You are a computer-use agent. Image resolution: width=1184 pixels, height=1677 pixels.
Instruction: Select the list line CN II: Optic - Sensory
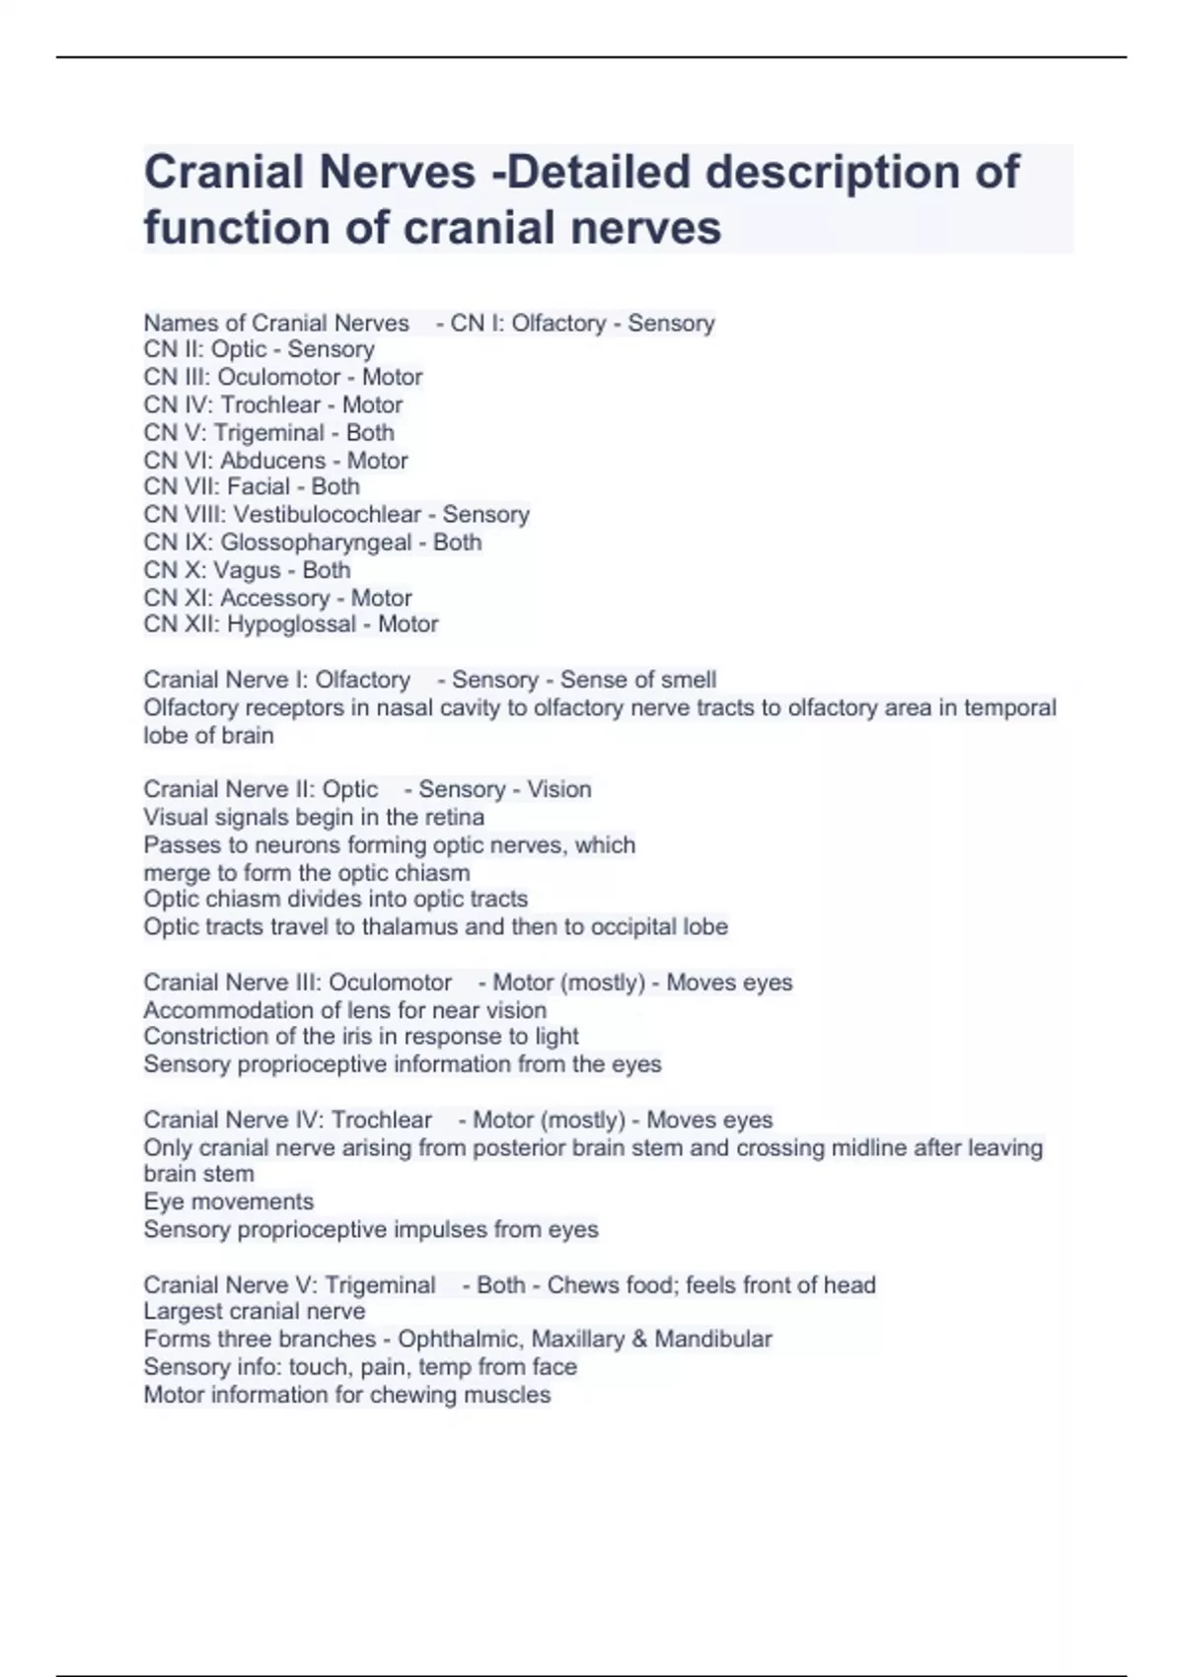tap(259, 349)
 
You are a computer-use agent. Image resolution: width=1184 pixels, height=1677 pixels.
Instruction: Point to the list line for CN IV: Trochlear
tap(272, 404)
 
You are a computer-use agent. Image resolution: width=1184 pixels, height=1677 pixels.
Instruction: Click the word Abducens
tap(272, 461)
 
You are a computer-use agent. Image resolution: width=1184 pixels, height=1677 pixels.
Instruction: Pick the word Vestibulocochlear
tap(327, 514)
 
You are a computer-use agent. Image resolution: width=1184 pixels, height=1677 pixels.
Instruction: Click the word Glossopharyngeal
tap(316, 542)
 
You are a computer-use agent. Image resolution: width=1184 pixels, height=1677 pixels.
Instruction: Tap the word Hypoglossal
tap(291, 624)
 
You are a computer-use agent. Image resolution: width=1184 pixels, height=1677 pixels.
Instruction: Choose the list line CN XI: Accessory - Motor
tap(277, 598)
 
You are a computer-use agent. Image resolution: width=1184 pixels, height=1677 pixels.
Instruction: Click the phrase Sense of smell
tap(638, 680)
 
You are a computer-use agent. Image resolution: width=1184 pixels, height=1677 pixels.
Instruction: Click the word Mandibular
tap(713, 1339)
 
